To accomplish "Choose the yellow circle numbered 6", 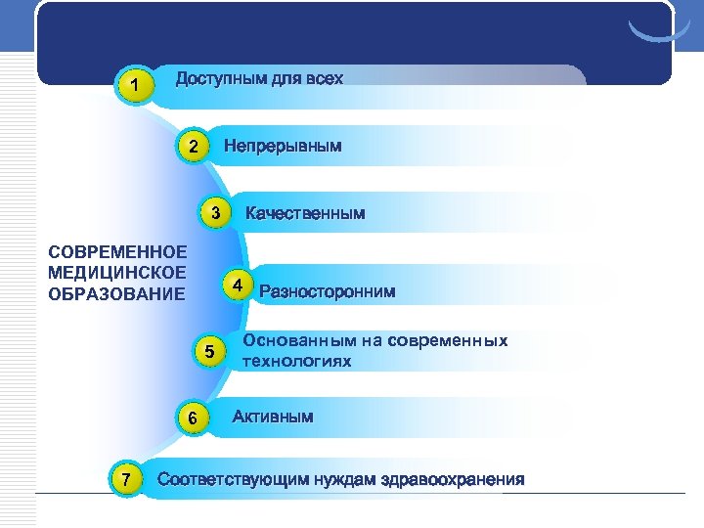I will coord(193,418).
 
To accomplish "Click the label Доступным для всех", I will coord(259,78).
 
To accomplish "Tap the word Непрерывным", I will coord(283,147).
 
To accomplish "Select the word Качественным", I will coord(305,212).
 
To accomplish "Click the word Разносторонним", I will coord(328,290).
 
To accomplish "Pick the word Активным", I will coord(273,417).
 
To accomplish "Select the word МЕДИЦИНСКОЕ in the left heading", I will coord(116,274).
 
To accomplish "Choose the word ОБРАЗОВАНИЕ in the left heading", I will coord(116,293).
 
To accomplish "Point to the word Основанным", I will coord(290,341).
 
